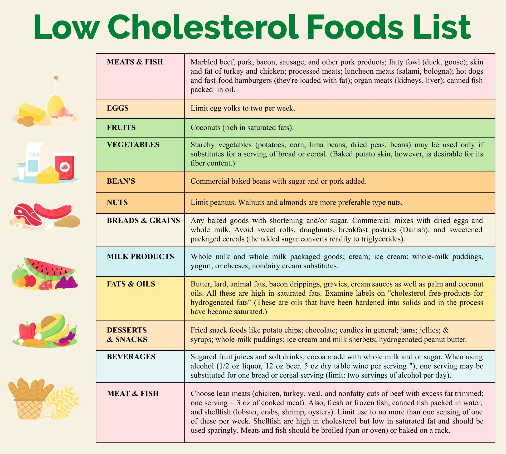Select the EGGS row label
[x=118, y=108]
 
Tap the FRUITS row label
[x=121, y=128]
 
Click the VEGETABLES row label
[x=133, y=145]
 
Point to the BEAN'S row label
[x=121, y=181]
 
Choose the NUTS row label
[x=117, y=202]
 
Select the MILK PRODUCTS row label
[x=140, y=256]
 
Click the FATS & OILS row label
[x=131, y=284]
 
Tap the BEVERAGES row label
[x=131, y=357]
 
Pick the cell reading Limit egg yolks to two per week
[x=242, y=108]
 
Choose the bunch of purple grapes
[x=66, y=283]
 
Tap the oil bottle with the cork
[x=56, y=100]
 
